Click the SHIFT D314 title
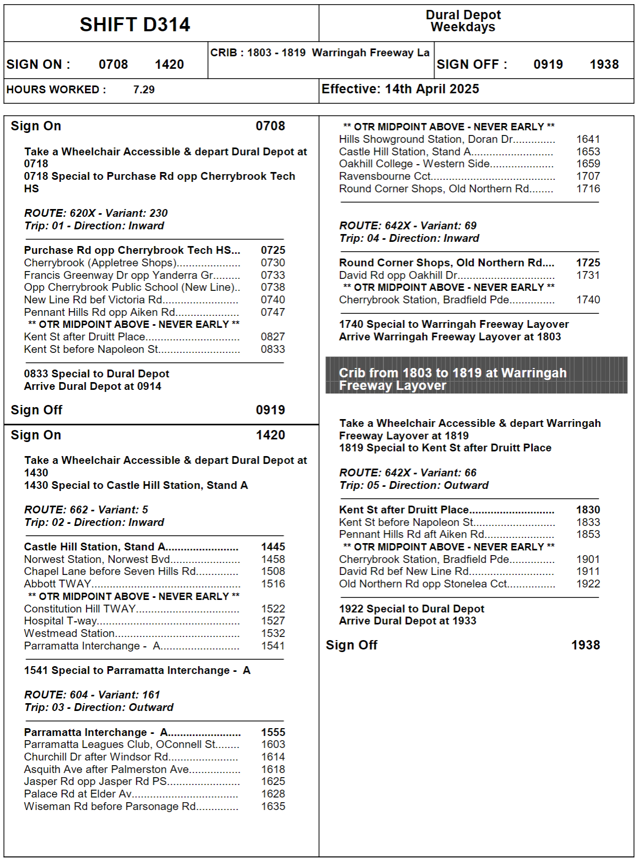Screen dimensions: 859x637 click(135, 24)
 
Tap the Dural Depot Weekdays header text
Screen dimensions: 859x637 click(463, 21)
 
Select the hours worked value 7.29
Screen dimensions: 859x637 click(144, 90)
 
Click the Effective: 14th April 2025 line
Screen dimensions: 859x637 click(400, 89)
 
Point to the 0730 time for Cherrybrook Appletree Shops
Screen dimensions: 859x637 click(273, 263)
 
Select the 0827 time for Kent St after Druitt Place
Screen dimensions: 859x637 click(273, 337)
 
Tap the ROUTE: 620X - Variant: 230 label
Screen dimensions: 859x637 click(96, 213)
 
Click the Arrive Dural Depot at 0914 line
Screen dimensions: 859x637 click(93, 386)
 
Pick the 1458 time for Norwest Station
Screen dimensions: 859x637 click(273, 559)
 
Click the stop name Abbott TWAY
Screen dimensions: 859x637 click(58, 584)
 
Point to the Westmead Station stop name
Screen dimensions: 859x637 click(69, 633)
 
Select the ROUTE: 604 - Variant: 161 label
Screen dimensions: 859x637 click(92, 695)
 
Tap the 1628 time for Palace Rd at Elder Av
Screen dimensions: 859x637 click(273, 794)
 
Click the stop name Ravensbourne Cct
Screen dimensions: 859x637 click(384, 176)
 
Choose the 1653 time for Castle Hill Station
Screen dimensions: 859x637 click(588, 152)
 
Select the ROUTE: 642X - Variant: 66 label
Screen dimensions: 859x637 click(408, 473)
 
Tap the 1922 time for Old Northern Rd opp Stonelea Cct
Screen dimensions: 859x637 click(588, 584)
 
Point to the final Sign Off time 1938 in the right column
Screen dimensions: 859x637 click(585, 645)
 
